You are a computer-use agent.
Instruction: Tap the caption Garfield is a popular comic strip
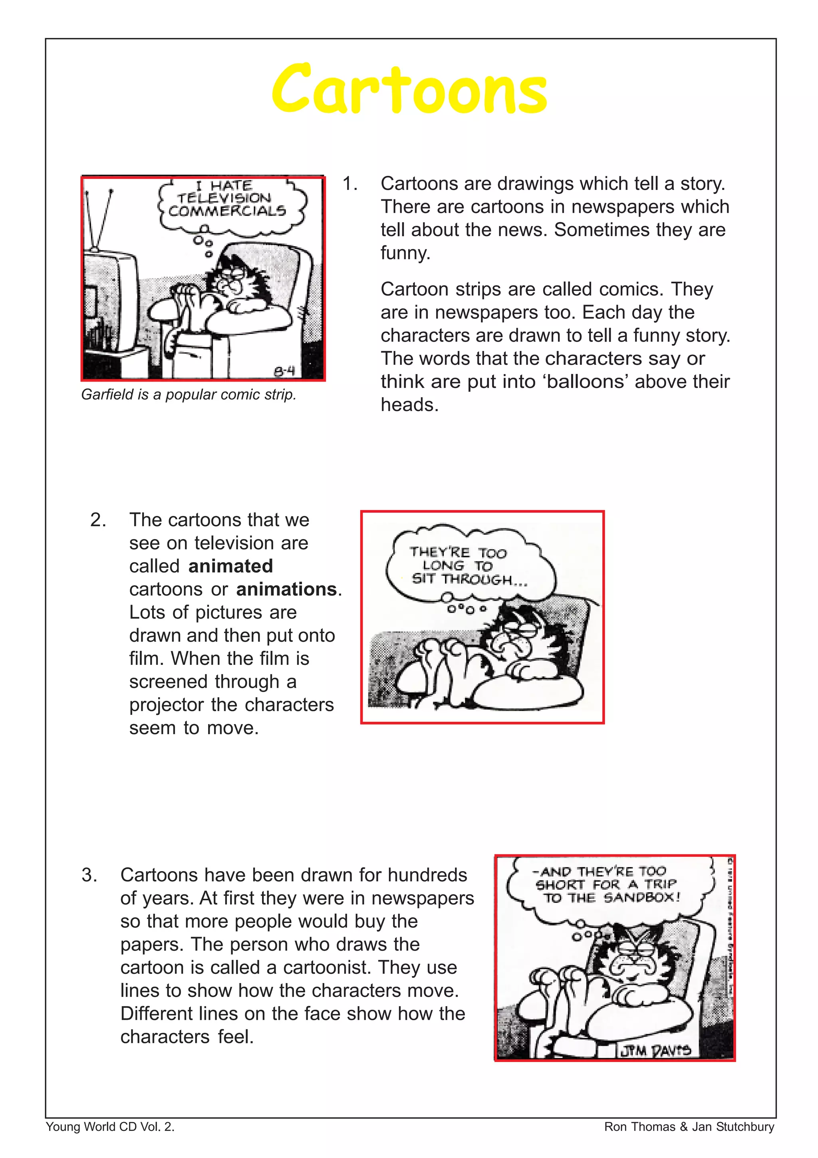click(189, 394)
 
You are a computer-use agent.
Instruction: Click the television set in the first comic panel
click(110, 302)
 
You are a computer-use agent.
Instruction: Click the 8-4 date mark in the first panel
click(284, 371)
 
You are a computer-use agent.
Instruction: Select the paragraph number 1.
click(349, 183)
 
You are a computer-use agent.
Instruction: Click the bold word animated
click(230, 566)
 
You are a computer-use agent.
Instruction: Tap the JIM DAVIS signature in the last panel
click(655, 1051)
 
